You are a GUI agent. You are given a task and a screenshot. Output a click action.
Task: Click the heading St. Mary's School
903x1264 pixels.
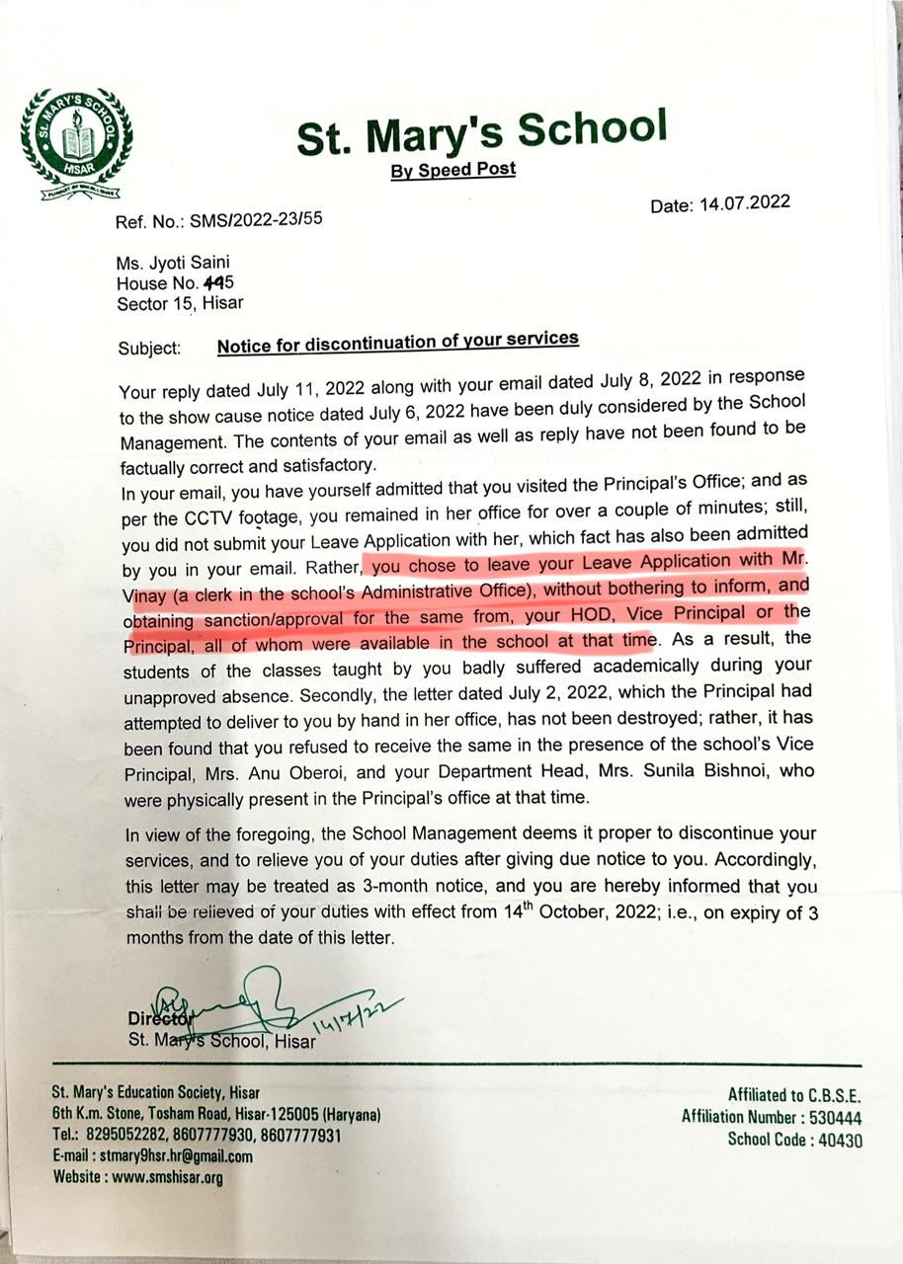point(481,135)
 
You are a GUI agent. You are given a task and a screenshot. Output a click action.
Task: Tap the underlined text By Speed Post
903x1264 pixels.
point(453,170)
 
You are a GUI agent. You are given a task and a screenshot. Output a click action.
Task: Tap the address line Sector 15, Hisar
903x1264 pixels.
point(180,303)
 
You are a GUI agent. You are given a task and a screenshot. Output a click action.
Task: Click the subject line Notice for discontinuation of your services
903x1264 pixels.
point(397,342)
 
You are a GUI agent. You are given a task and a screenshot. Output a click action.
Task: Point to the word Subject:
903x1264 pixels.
point(149,349)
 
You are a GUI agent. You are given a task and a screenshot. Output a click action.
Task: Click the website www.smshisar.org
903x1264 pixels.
point(167,1177)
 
